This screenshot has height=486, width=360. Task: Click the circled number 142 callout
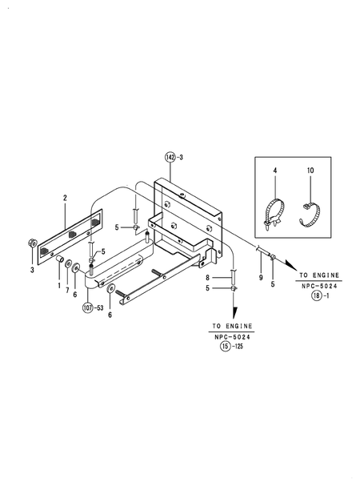click(x=170, y=157)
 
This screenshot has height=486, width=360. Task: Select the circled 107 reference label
click(x=88, y=307)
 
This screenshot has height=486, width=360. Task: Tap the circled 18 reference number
click(x=316, y=295)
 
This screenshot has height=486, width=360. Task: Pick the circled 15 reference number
click(x=226, y=346)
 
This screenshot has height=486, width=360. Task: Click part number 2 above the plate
click(x=65, y=198)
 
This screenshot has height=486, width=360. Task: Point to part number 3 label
click(x=32, y=271)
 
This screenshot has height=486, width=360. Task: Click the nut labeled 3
click(x=32, y=243)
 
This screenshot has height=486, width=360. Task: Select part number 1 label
click(x=59, y=286)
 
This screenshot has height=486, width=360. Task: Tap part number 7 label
click(x=67, y=291)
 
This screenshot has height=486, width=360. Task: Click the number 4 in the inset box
click(x=275, y=171)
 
